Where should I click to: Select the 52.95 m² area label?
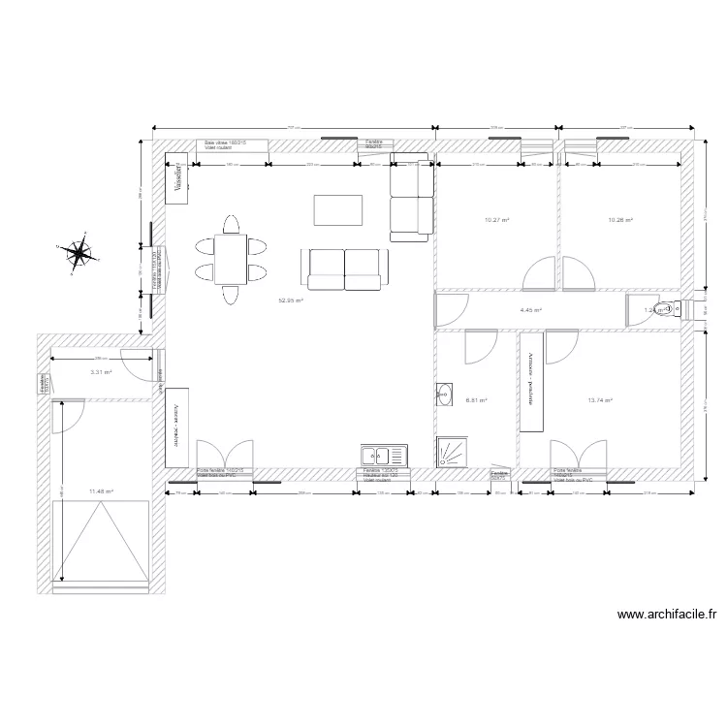click(291, 301)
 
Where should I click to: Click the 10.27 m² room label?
click(496, 220)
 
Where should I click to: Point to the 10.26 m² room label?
click(619, 220)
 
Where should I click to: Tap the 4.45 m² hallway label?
click(530, 310)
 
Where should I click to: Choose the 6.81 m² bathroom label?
click(476, 399)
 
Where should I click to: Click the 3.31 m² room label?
click(101, 372)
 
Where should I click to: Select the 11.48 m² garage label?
click(101, 491)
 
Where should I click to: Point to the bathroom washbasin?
click(444, 395)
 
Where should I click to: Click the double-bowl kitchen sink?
click(384, 456)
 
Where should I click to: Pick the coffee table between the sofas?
click(338, 209)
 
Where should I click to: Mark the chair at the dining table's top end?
click(231, 225)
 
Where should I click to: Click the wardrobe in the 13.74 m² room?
click(532, 383)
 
